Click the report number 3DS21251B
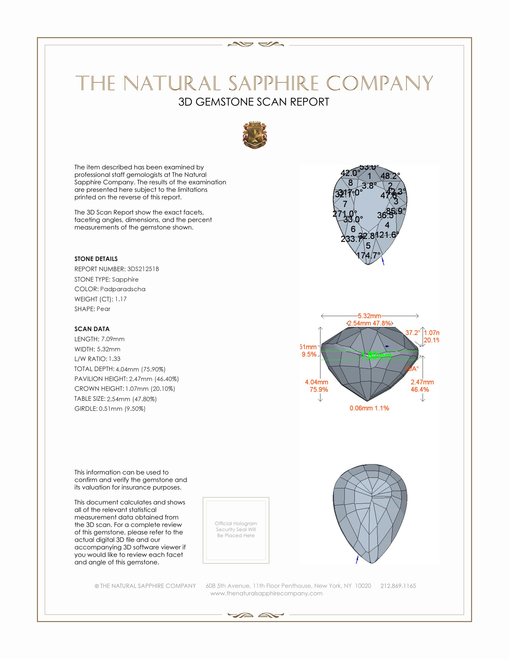tap(143, 269)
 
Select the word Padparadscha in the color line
tap(123, 289)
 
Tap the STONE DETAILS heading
tap(96, 259)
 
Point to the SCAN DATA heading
tap(92, 329)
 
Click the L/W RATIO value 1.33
tap(115, 359)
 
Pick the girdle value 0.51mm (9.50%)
tap(122, 409)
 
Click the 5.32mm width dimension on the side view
tap(369, 316)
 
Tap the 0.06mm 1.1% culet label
tap(369, 408)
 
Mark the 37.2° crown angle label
tap(413, 332)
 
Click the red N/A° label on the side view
tap(412, 368)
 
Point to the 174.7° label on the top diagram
tap(368, 255)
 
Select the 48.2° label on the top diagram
tap(390, 176)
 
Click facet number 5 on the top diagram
tap(368, 246)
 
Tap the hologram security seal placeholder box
tap(236, 530)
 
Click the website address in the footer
tap(266, 593)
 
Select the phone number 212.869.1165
tap(398, 586)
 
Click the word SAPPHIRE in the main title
tap(273, 83)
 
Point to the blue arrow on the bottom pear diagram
tap(357, 559)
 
